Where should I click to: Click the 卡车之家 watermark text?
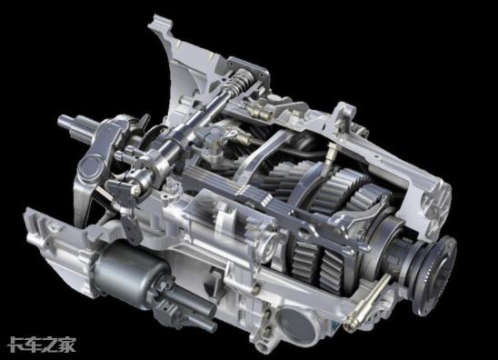click(42, 345)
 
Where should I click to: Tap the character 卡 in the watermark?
click(15, 345)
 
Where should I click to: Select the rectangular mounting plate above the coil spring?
click(249, 69)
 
